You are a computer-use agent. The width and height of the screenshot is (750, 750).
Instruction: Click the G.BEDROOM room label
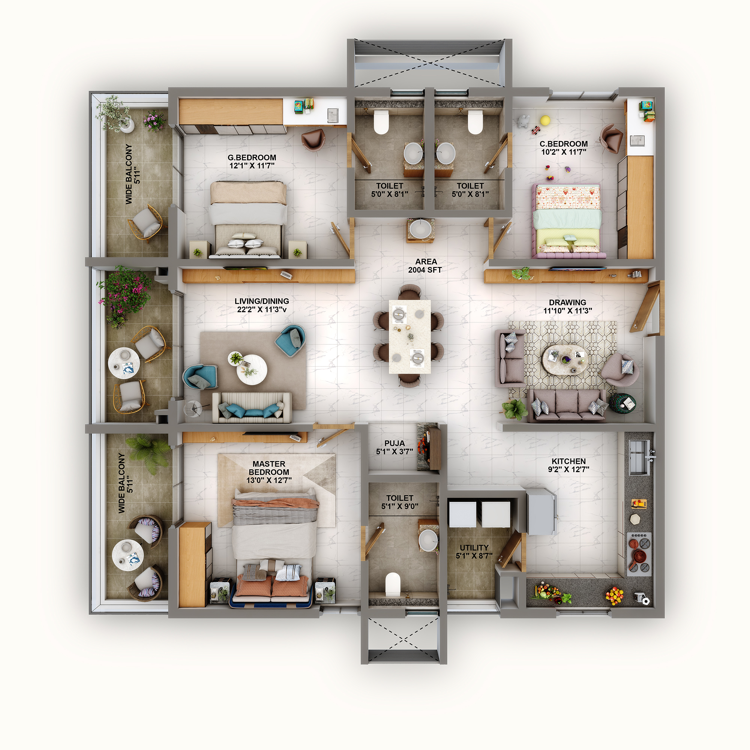click(252, 157)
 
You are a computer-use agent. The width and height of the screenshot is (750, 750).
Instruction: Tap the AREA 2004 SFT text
click(425, 266)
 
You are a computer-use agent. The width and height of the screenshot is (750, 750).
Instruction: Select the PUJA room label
click(394, 443)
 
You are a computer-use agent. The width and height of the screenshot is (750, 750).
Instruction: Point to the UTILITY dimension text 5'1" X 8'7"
click(474, 556)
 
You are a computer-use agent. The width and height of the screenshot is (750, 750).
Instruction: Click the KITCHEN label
click(568, 461)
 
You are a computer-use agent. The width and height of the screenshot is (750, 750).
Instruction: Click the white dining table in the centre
click(409, 336)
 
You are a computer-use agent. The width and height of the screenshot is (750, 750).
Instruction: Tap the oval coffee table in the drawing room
click(564, 360)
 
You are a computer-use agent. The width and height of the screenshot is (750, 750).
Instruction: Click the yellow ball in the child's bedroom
click(545, 120)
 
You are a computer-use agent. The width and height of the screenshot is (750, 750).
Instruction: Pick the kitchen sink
click(639, 457)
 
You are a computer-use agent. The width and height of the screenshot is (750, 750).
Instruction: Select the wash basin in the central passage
click(420, 229)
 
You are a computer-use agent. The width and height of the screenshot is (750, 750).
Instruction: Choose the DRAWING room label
click(567, 302)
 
